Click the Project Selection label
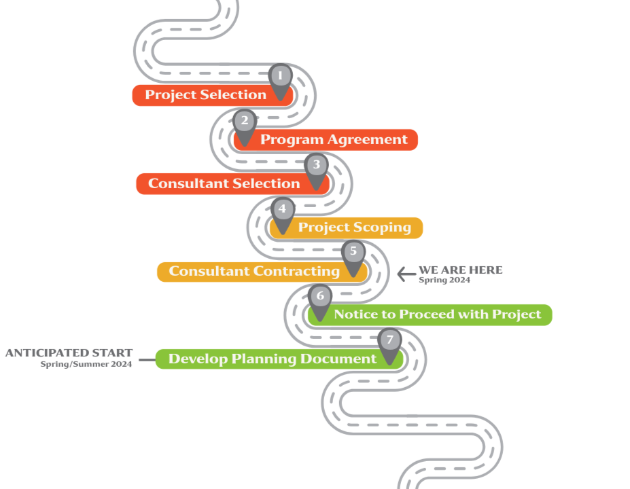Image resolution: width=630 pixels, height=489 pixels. [205, 95]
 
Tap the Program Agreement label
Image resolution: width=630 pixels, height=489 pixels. [334, 140]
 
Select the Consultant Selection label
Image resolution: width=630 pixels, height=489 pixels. [224, 184]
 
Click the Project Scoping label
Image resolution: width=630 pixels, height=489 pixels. [354, 228]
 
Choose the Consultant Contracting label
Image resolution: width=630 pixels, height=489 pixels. [254, 272]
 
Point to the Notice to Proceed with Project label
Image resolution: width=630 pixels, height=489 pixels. [437, 314]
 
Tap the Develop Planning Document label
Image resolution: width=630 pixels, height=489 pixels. [272, 359]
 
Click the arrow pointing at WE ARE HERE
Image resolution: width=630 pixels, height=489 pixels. [406, 274]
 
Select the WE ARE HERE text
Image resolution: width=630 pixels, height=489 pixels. [461, 270]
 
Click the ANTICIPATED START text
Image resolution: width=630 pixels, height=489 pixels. [69, 353]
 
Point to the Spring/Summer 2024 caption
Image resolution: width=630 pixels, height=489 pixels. [86, 365]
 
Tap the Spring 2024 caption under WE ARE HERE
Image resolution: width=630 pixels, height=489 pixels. [444, 280]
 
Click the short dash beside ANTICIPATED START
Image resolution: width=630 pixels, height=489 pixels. [146, 360]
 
